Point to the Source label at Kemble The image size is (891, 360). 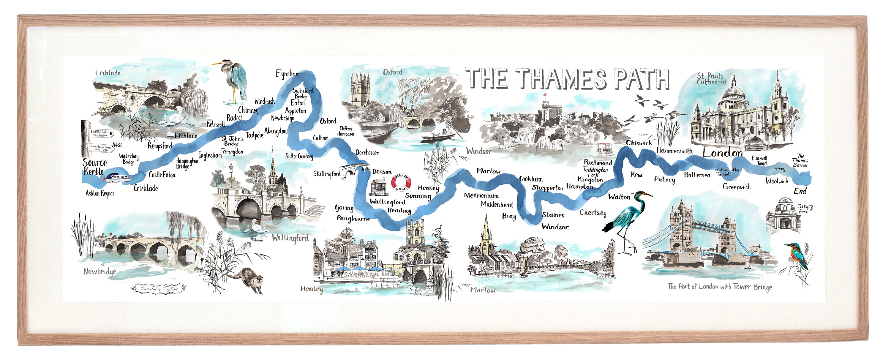tap(95, 162)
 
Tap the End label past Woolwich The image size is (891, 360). tap(800, 191)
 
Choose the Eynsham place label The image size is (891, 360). tap(287, 73)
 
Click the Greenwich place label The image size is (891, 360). tap(737, 187)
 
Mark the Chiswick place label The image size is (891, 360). tap(639, 143)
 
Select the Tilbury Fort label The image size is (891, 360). tap(805, 209)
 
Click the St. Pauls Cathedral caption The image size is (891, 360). tap(711, 79)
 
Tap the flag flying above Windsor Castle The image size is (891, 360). tap(544, 95)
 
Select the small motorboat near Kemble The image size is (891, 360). tap(118, 178)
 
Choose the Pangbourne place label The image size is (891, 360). tap(353, 219)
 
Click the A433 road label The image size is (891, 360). tap(117, 145)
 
